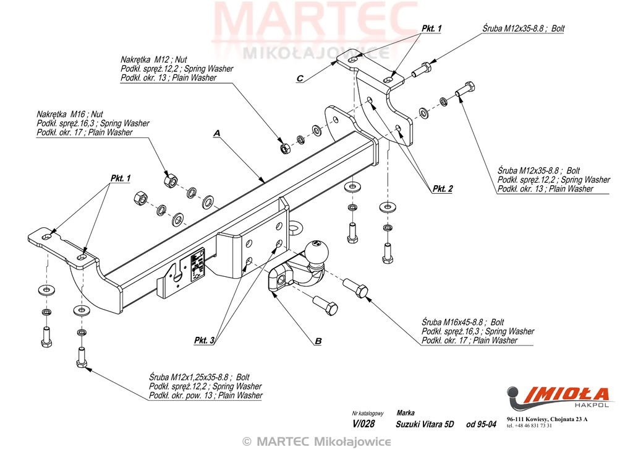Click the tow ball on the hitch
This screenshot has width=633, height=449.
pyautogui.click(x=317, y=252)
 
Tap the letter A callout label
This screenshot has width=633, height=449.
pyautogui.click(x=216, y=133)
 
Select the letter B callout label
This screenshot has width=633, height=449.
pyautogui.click(x=318, y=341)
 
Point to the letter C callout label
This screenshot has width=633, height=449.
pyautogui.click(x=300, y=78)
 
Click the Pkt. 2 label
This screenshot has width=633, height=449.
pyautogui.click(x=442, y=189)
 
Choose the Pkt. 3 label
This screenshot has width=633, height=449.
pyautogui.click(x=204, y=340)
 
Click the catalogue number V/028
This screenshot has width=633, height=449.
pyautogui.click(x=363, y=424)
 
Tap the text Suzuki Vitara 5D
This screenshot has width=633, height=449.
pyautogui.click(x=425, y=424)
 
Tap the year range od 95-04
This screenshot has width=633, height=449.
pyautogui.click(x=481, y=424)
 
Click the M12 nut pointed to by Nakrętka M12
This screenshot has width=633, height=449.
pyautogui.click(x=283, y=149)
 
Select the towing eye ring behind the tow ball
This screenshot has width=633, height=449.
pyautogui.click(x=295, y=229)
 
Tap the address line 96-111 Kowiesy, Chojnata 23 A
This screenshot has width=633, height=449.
pyautogui.click(x=547, y=419)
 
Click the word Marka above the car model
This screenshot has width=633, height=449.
pyautogui.click(x=406, y=412)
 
